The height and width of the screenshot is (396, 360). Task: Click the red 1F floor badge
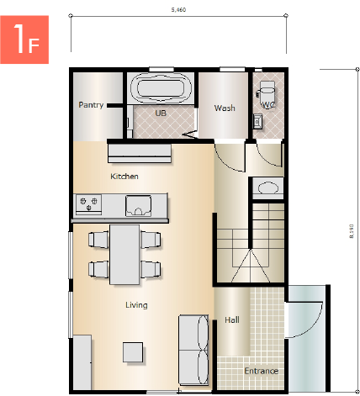click(24, 40)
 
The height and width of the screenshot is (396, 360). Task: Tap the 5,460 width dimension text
click(178, 10)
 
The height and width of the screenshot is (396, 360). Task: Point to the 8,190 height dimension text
click(352, 231)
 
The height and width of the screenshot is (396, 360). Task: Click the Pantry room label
click(91, 105)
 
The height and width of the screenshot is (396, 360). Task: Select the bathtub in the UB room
click(161, 88)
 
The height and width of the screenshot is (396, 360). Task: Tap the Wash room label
click(225, 108)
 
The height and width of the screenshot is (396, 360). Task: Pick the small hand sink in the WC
click(257, 121)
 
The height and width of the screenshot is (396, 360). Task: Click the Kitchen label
click(124, 177)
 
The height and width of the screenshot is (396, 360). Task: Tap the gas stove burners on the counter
click(88, 203)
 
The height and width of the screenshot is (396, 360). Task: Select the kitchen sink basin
click(138, 206)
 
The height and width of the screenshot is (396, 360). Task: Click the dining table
click(124, 255)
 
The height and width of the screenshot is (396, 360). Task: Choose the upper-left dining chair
click(98, 240)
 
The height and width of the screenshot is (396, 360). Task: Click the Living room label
click(136, 305)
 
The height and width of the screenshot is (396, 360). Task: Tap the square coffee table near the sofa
click(133, 352)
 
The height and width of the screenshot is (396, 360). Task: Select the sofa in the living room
click(193, 350)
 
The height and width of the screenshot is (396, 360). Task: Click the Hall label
click(232, 319)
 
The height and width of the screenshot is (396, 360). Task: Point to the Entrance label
click(261, 371)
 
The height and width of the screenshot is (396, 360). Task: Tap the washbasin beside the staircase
click(267, 187)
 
